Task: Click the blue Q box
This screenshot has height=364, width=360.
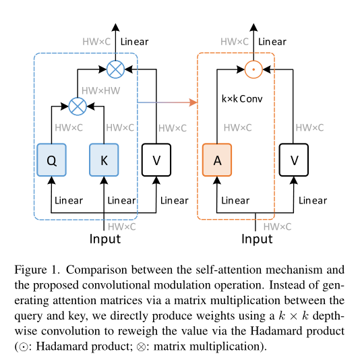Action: point(51,160)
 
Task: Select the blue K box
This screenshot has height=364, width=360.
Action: point(104,160)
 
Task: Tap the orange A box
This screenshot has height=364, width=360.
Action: point(217,160)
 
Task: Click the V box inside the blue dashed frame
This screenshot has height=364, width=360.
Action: point(156,160)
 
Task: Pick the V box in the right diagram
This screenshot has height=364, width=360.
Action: point(294,160)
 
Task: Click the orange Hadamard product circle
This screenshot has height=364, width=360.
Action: point(254,68)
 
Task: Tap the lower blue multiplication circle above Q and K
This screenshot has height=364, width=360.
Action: point(78,105)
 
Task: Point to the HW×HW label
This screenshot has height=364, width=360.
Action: point(100,90)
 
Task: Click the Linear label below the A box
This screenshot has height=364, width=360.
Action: point(235,200)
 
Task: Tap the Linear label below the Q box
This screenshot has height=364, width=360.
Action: point(69,200)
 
